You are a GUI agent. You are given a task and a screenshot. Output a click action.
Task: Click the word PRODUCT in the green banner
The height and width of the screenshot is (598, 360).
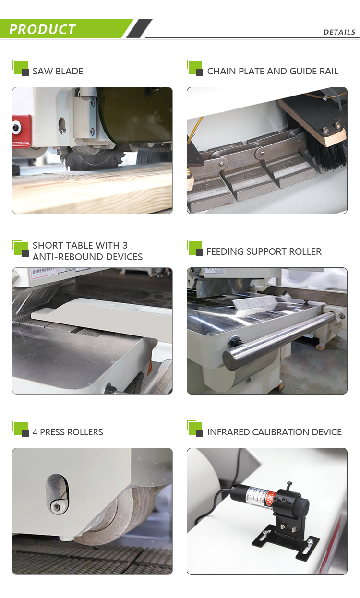coord(42,29)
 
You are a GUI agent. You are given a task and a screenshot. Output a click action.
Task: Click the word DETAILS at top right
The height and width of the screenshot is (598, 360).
coord(339,32)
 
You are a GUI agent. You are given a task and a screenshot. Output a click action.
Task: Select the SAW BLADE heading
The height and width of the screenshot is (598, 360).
coord(58,71)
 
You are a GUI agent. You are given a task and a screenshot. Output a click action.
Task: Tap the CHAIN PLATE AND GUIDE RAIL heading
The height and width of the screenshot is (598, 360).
coord(272,71)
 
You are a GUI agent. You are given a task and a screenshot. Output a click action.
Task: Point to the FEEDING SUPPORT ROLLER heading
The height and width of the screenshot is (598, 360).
coord(264,251)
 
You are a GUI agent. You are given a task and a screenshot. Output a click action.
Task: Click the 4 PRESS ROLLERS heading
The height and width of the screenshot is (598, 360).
coord(68,432)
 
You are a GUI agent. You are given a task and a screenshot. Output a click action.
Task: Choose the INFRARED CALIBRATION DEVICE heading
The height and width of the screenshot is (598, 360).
coord(274,432)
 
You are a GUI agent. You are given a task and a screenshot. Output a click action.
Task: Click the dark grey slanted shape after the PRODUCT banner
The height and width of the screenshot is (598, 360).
coord(139,29)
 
